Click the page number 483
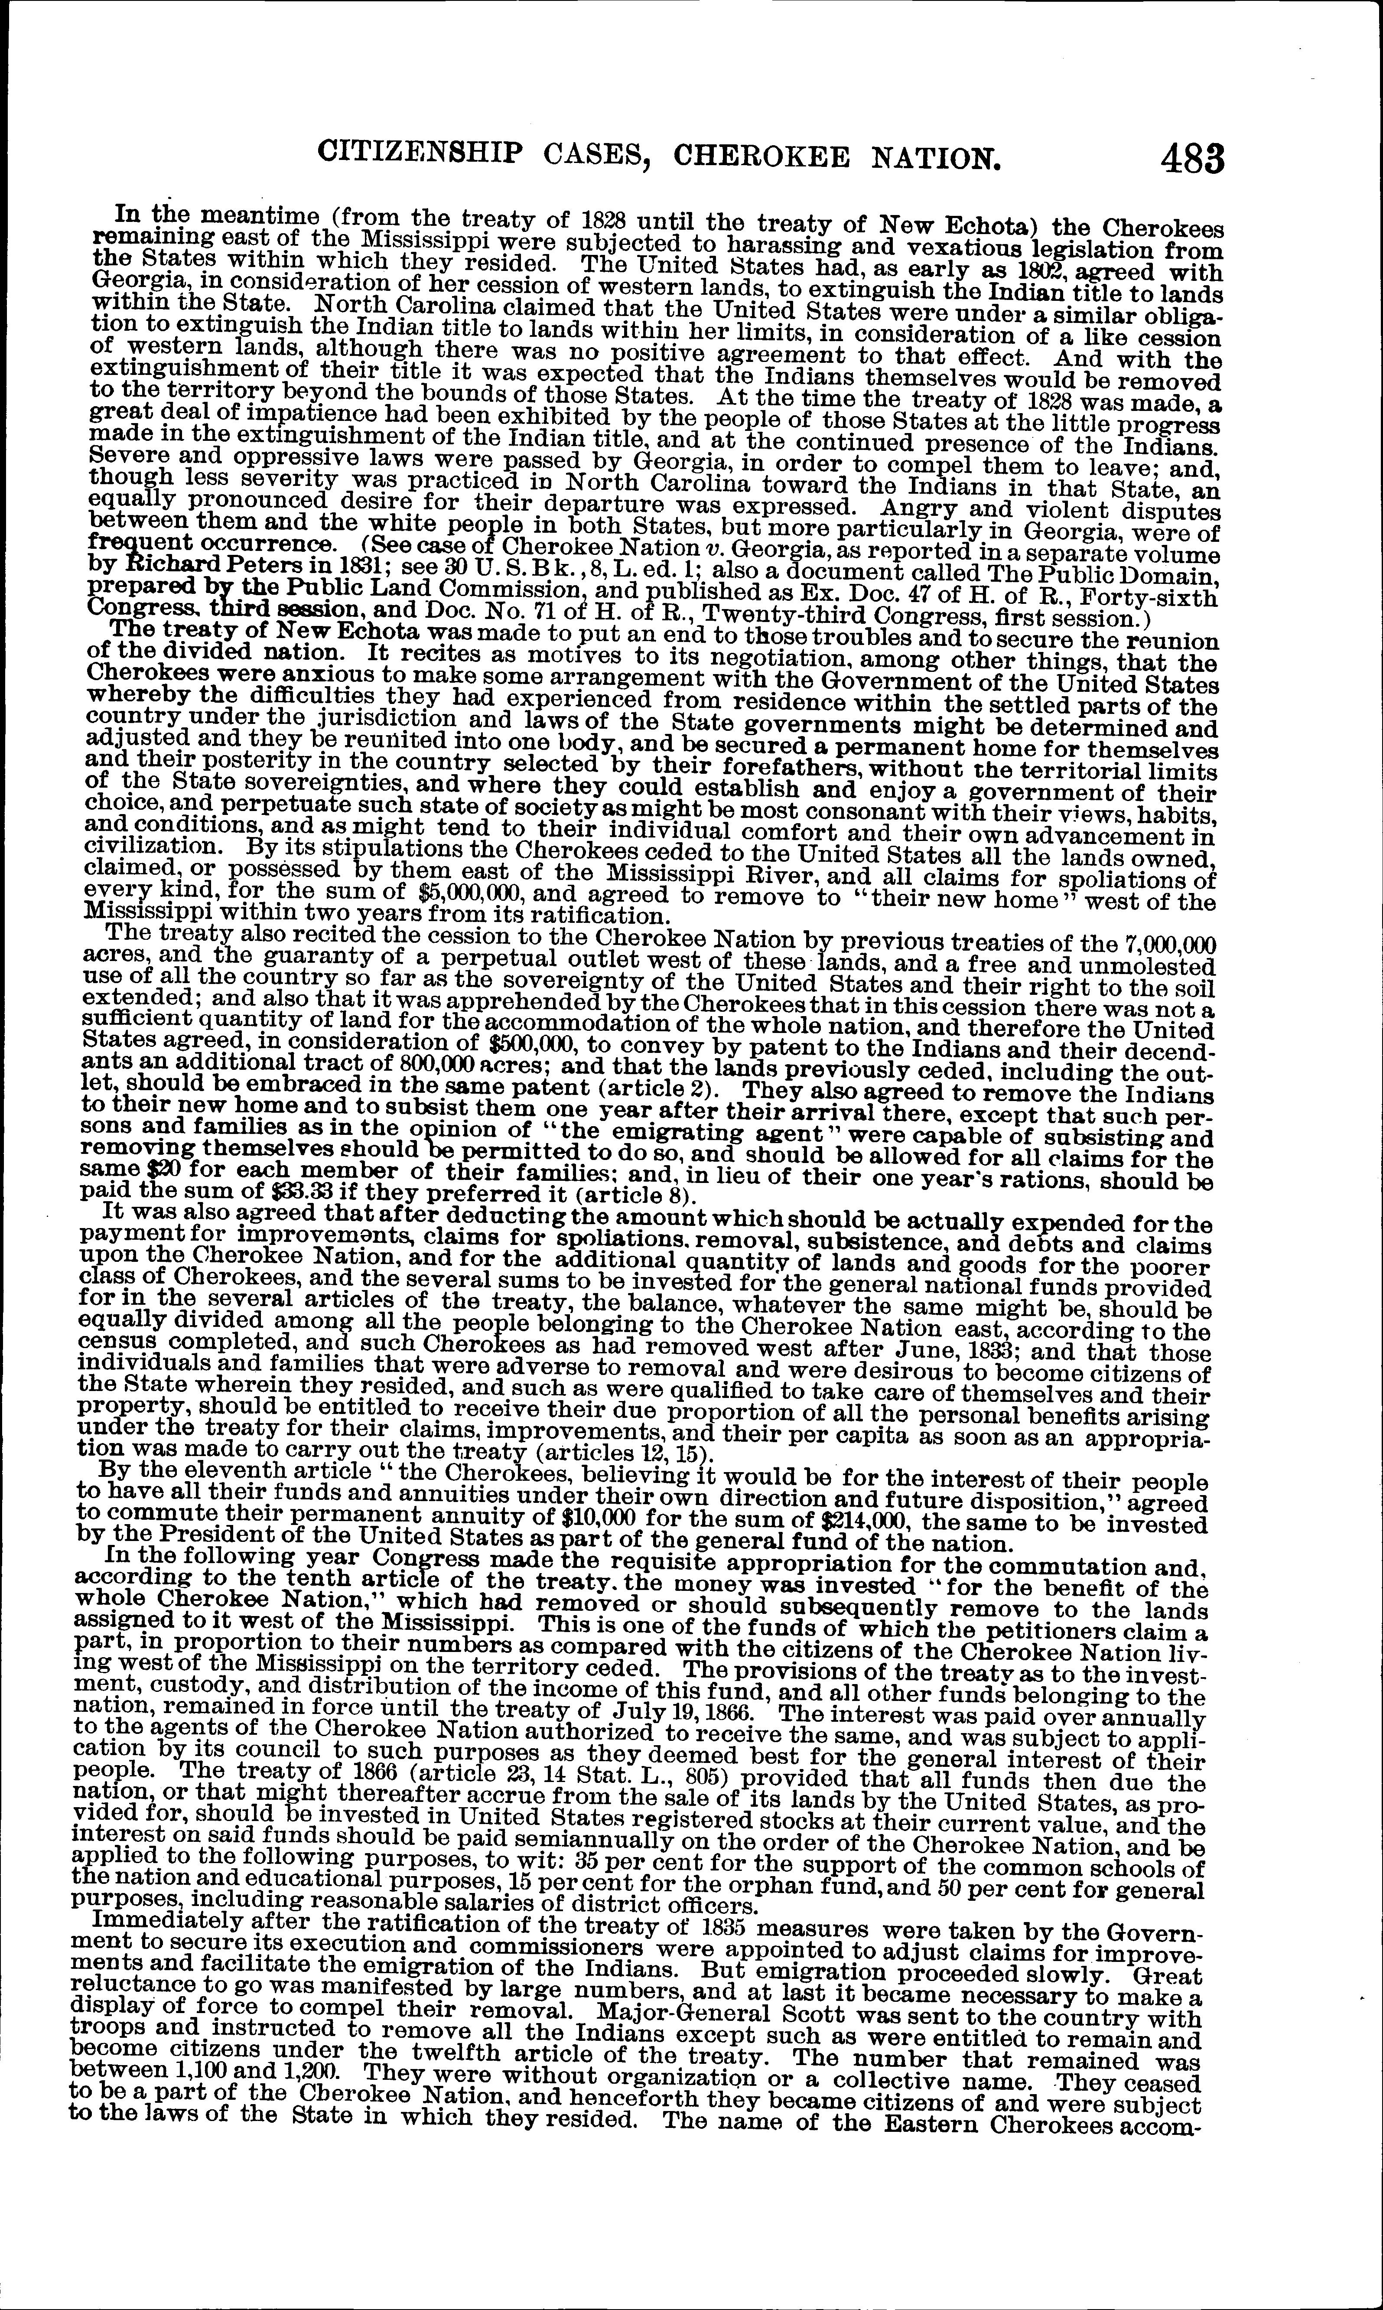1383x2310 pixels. [x=1192, y=158]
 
